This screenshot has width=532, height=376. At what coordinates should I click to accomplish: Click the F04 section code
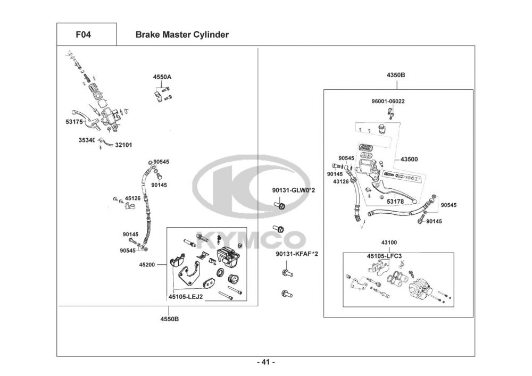click(x=83, y=35)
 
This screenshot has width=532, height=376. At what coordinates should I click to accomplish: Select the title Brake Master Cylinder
click(x=182, y=35)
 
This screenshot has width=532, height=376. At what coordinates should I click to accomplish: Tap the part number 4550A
click(x=162, y=77)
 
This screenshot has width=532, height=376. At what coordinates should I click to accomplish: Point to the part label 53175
click(x=74, y=121)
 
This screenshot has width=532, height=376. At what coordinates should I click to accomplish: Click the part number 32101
click(x=123, y=145)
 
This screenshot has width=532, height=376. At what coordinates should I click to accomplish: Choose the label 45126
click(x=132, y=198)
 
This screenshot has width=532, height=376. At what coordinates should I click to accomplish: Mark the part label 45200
click(x=147, y=264)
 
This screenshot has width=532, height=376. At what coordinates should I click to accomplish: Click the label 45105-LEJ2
click(x=186, y=297)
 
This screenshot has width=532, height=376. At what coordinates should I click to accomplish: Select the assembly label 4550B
click(x=170, y=319)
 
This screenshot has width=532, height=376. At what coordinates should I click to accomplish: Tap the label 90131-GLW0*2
click(x=294, y=190)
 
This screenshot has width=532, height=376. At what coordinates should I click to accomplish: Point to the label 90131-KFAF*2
click(x=297, y=254)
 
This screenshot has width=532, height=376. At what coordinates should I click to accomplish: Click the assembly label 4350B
click(x=396, y=76)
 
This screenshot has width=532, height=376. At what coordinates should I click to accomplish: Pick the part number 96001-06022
click(x=388, y=102)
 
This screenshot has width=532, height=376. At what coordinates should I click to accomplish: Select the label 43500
click(x=409, y=160)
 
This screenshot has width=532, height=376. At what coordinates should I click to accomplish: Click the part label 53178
click(x=395, y=202)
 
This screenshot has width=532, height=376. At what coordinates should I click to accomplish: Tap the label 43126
click(x=341, y=182)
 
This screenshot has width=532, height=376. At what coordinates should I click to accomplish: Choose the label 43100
click(x=389, y=243)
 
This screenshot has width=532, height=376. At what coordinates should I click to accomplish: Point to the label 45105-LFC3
click(x=384, y=256)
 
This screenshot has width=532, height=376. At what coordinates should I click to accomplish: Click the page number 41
click(x=266, y=362)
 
